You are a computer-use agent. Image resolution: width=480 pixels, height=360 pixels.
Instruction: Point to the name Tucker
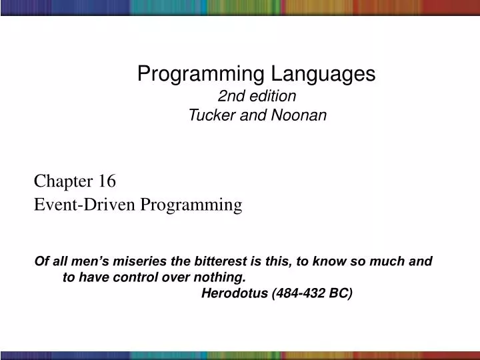point(210,115)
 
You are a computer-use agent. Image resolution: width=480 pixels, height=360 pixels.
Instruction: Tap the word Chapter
point(63,181)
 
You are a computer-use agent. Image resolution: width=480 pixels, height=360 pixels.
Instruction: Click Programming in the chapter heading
point(190,205)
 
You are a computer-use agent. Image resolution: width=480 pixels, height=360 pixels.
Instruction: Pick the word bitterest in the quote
point(214,261)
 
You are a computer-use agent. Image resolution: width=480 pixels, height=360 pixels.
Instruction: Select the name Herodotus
point(235,293)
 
